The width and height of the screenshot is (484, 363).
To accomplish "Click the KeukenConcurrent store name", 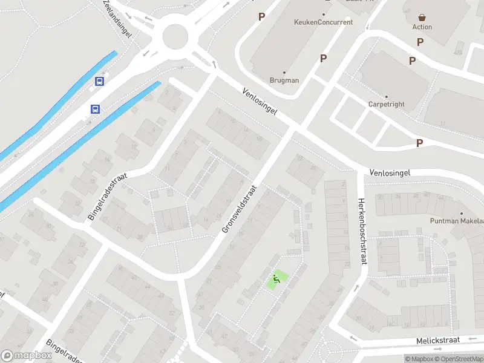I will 322,22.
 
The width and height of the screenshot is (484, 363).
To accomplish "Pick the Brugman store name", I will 284,80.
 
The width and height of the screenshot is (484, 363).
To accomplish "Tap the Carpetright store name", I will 386,104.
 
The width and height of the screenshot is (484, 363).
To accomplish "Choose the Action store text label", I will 422,27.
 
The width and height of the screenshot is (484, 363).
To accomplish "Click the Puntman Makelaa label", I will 457,221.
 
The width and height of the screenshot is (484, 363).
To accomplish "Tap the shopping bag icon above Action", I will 422,17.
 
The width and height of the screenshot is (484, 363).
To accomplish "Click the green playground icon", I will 277,279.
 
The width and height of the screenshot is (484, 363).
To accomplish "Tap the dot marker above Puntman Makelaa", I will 460,213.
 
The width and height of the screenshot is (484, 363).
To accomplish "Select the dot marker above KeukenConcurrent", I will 324,15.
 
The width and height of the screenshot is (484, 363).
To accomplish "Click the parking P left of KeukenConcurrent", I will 261,17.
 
